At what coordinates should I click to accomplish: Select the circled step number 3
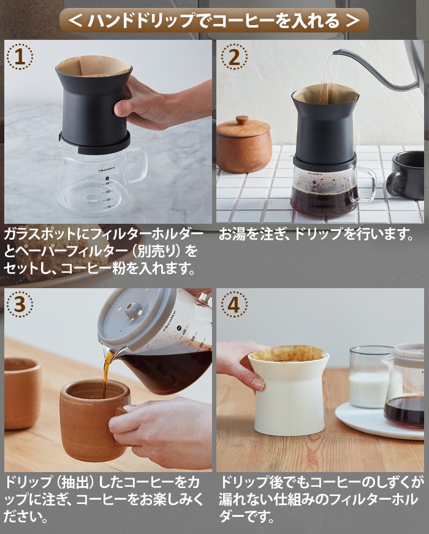coord(20,304)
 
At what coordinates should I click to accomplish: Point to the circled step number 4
coord(234,304)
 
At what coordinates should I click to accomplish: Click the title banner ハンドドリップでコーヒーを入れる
coord(214,21)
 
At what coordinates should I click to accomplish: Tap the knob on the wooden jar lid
coord(243,120)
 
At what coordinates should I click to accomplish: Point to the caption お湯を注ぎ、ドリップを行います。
coord(316,235)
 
